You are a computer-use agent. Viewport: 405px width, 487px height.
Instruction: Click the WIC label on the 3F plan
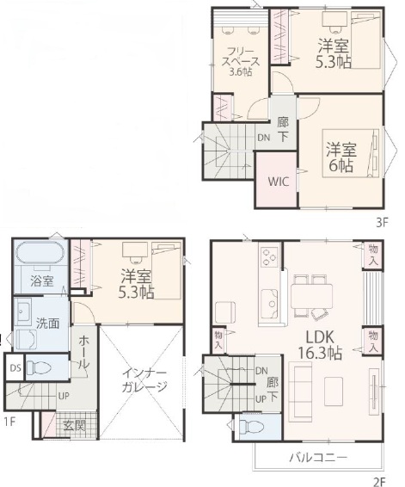pos(279,182)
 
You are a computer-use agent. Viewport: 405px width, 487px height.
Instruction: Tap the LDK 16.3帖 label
pos(320,345)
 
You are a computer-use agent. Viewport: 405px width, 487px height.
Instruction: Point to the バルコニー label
pos(318,457)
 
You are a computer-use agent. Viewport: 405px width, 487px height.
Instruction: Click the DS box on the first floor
pos(15,367)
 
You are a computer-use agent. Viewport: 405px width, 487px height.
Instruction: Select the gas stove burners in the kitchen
pos(269,257)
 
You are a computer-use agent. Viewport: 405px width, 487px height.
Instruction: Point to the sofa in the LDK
pos(300,391)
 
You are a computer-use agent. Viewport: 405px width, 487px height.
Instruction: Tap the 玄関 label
pos(74,425)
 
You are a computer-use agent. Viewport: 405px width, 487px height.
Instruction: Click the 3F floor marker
pos(382,222)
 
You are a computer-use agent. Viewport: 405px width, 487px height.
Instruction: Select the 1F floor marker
pos(10,422)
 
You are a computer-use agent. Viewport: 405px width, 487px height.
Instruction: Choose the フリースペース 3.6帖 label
pos(240,61)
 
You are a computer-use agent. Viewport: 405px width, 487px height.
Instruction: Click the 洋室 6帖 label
pos(341,157)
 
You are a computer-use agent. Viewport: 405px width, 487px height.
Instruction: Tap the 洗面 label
pos(47,324)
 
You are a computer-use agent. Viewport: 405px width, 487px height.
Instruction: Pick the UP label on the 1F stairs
pos(64,397)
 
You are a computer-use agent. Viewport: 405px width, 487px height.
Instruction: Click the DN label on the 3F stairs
pos(264,138)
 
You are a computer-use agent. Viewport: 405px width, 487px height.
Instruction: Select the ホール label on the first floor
pos(84,353)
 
